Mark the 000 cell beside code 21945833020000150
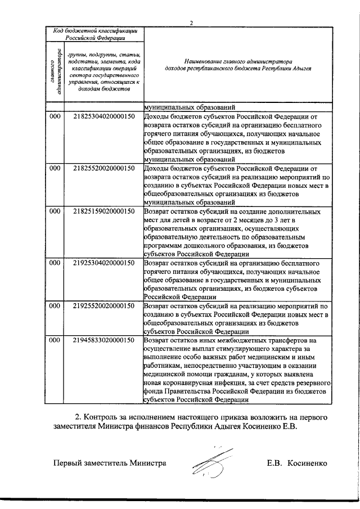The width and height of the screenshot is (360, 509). [x=55, y=341]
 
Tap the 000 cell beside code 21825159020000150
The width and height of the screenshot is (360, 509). [x=55, y=211]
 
